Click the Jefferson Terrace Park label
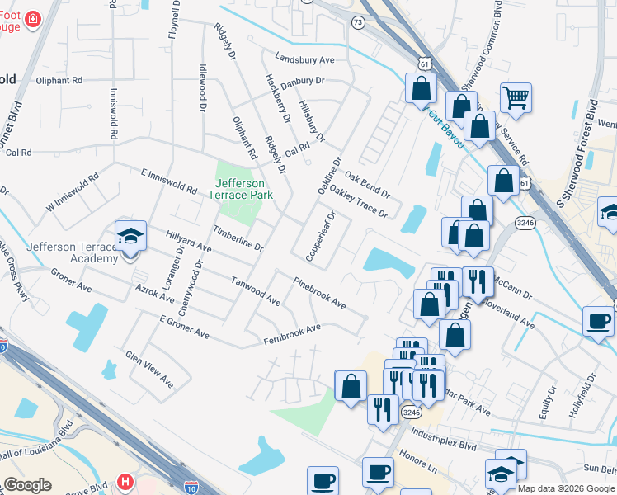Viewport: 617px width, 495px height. tap(240, 190)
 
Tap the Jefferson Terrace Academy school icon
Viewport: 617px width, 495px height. tap(131, 237)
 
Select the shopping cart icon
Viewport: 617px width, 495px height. tap(516, 98)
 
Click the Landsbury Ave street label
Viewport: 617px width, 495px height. tap(304, 60)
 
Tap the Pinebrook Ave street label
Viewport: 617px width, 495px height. tap(319, 293)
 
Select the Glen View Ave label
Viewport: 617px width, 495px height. tap(149, 369)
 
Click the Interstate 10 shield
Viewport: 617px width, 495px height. tap(191, 488)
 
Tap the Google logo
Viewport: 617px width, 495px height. tap(28, 485)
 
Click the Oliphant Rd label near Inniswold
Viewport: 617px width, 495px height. tap(59, 81)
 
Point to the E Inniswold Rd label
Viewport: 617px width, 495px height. tap(169, 182)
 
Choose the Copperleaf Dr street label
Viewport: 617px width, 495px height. tap(321, 237)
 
